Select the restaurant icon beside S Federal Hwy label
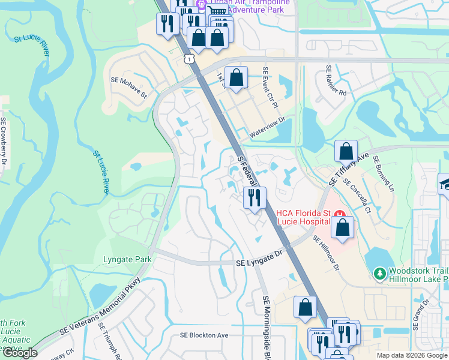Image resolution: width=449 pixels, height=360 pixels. [254, 197]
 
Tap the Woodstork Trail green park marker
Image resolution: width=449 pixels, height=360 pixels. [379, 274]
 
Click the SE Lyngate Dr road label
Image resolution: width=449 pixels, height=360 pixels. [259, 259]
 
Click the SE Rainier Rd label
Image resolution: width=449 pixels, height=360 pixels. [336, 81]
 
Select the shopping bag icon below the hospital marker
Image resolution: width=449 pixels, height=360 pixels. [342, 228]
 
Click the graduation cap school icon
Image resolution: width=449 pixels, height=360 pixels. [445, 185]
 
